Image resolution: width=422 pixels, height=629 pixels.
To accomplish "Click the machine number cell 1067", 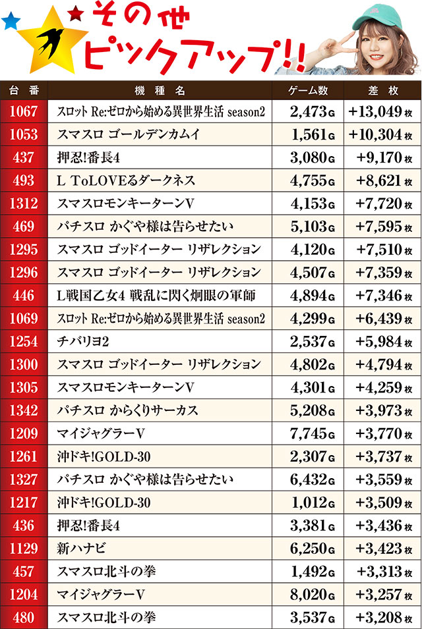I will [x=24, y=111].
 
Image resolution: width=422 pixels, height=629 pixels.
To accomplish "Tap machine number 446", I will [x=24, y=296].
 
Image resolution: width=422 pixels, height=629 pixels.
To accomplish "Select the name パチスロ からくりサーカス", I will [x=127, y=410].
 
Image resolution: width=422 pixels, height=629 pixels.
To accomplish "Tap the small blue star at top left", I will [x=11, y=22].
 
